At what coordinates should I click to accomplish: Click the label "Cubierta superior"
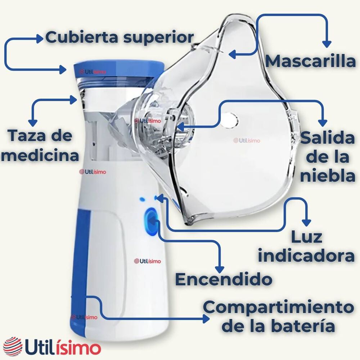(120, 37)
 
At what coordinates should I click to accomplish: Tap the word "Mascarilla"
(310, 61)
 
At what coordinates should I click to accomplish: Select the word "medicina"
(40, 156)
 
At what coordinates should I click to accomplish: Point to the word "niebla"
(328, 176)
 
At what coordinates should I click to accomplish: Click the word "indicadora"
(306, 256)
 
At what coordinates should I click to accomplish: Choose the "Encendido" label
(223, 279)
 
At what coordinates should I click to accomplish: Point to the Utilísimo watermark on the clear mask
(247, 141)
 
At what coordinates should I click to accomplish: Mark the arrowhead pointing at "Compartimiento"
(206, 319)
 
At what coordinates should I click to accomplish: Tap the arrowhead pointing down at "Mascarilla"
(326, 44)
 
